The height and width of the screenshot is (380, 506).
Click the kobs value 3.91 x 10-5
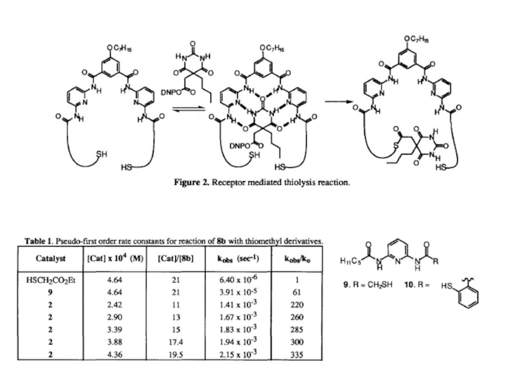coord(238,293)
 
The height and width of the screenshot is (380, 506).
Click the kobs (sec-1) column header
coord(238,258)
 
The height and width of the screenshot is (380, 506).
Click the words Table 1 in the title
coord(40,240)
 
